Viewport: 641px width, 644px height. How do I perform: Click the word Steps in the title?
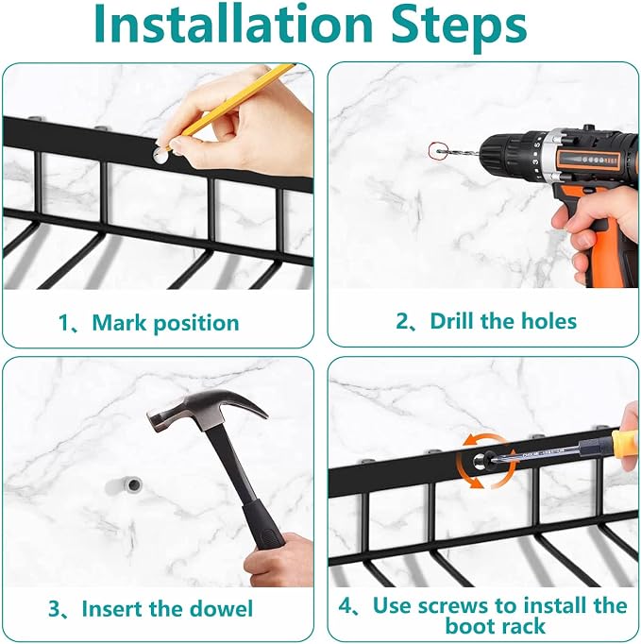point(459,27)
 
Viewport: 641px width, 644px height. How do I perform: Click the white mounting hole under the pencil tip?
point(160,155)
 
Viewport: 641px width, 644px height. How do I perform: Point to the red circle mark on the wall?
point(436,151)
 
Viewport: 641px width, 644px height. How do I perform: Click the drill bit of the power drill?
point(457,153)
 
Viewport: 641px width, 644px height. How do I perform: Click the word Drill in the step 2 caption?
point(451,321)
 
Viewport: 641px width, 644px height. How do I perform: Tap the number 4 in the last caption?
point(345,605)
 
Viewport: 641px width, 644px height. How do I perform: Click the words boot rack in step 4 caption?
point(496,626)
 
